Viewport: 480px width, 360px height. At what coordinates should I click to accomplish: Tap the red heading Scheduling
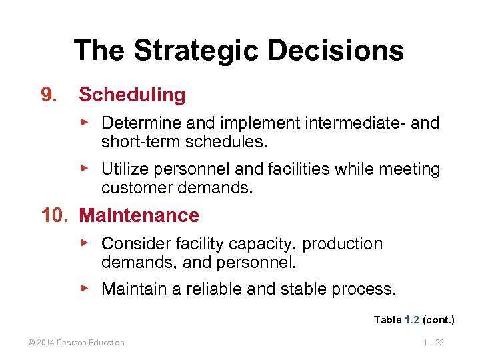click(x=132, y=95)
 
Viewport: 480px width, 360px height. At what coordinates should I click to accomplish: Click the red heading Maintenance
click(x=139, y=215)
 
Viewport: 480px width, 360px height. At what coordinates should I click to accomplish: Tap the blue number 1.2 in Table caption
click(x=411, y=320)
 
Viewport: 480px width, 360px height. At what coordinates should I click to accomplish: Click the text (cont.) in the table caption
click(x=439, y=320)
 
